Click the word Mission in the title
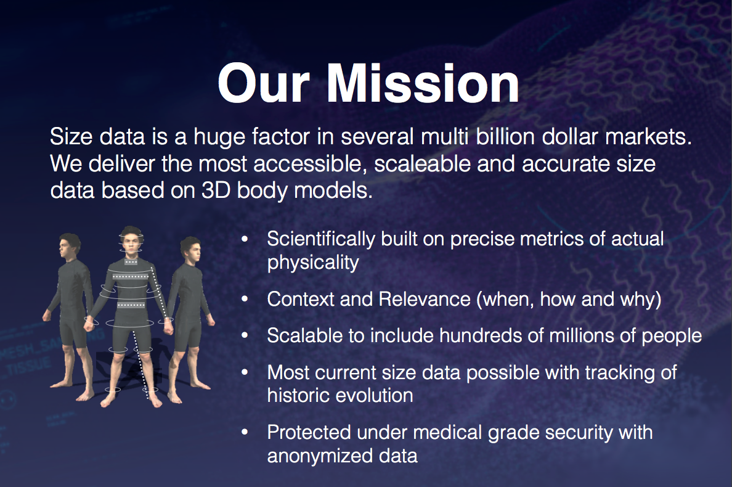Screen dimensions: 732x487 point(423,83)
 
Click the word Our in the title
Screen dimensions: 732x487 point(264,83)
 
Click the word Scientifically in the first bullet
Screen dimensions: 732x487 point(321,239)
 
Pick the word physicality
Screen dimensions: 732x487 point(313,263)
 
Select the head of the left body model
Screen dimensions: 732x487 point(70,247)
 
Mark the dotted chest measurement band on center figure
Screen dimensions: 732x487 point(131,276)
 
